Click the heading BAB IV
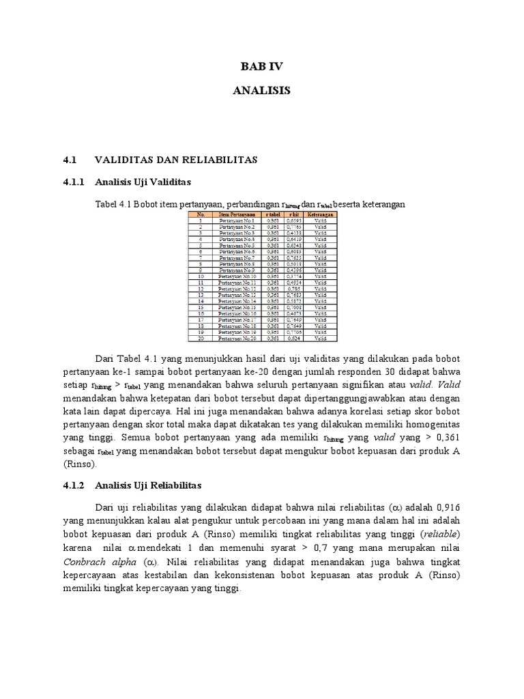pyautogui.click(x=261, y=67)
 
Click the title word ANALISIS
pyautogui.click(x=261, y=90)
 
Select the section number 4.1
pyautogui.click(x=68, y=159)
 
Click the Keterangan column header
pyautogui.click(x=320, y=214)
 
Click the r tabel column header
pyautogui.click(x=273, y=214)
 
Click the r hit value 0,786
pyautogui.click(x=294, y=289)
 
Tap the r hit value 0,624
pyautogui.click(x=294, y=338)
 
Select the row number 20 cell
pyautogui.click(x=201, y=338)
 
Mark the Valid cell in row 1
pyautogui.click(x=320, y=221)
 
